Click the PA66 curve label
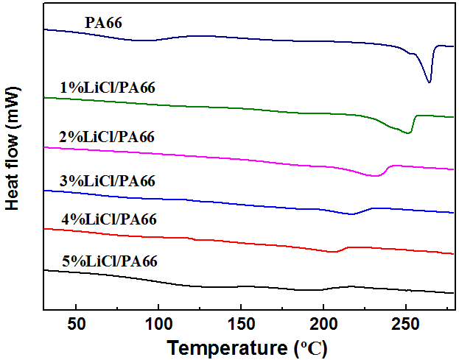coord(103,23)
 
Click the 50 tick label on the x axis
coord(76,323)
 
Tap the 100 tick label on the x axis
coord(158,323)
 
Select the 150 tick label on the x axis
coord(240,323)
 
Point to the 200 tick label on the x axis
coord(323,323)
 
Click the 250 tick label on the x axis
coord(404,323)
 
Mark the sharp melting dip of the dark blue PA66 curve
coord(430,82)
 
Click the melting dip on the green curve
coord(408,133)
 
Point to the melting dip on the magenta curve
coord(376,176)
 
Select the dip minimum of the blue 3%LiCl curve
coord(352,214)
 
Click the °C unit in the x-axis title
coord(312,347)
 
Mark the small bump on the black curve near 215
coord(351,286)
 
